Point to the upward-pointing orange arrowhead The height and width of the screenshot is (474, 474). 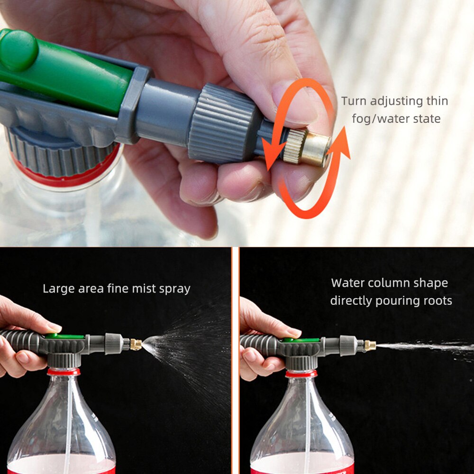[x=342, y=142]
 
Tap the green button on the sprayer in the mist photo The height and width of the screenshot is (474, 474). [x=64, y=336]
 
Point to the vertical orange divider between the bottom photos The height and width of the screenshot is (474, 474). [x=235, y=360]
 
